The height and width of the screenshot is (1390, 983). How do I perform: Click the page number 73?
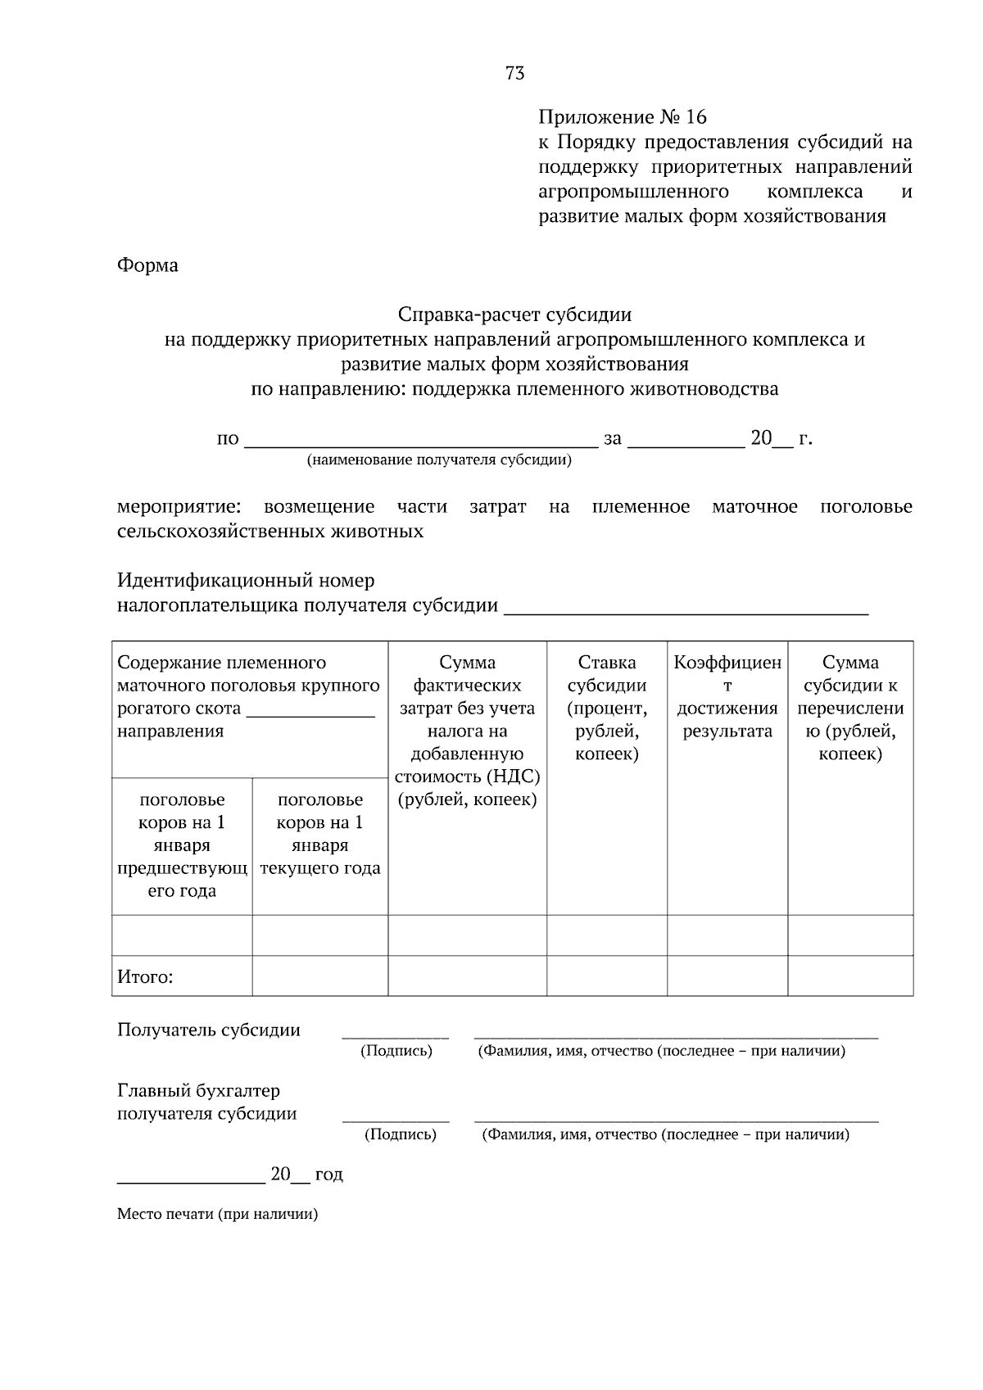(514, 74)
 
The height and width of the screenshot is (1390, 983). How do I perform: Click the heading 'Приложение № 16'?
(622, 117)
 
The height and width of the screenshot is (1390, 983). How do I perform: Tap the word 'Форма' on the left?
(147, 265)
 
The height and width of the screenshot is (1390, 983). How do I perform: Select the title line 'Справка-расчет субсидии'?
(514, 315)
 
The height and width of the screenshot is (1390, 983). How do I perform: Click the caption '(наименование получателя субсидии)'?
(439, 460)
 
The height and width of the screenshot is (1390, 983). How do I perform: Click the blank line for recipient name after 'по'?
(421, 441)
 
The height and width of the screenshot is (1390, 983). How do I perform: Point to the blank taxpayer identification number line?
(686, 607)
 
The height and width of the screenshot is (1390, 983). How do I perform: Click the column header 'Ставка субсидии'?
(606, 708)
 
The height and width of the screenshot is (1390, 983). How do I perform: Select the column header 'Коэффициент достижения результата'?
(727, 696)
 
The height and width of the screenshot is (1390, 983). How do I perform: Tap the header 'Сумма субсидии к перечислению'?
(850, 708)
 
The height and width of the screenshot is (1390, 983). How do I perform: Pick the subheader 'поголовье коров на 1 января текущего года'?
(319, 834)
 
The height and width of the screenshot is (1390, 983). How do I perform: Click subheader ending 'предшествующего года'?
(182, 845)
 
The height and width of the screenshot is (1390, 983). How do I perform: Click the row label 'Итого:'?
(145, 976)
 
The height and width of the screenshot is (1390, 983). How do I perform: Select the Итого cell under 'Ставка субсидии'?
(606, 976)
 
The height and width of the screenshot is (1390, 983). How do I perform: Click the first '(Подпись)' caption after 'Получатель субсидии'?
(396, 1051)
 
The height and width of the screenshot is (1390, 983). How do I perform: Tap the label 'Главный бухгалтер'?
(198, 1091)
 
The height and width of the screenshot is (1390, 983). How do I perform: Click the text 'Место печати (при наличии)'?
(217, 1214)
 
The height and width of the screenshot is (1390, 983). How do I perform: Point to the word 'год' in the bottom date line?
(329, 1175)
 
